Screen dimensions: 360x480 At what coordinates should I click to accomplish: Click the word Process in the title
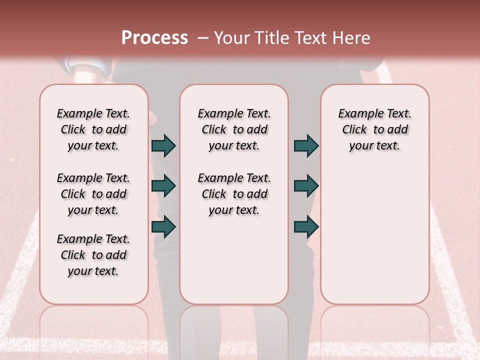click(154, 38)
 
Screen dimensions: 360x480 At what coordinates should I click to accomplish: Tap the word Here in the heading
click(352, 38)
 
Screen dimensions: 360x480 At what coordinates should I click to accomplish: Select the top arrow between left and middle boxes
click(163, 145)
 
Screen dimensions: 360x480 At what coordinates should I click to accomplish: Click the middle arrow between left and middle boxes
click(163, 186)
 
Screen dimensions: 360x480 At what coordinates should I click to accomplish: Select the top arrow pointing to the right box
click(306, 145)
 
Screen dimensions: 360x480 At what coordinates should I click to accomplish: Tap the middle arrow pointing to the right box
click(306, 186)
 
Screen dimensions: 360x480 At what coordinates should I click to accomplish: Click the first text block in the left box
click(93, 129)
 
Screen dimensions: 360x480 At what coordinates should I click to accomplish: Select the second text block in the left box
click(93, 194)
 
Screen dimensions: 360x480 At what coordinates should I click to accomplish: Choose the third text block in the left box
click(93, 255)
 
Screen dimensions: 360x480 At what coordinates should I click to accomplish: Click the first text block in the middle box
click(234, 129)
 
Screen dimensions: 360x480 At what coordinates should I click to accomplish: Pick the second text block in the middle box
click(234, 194)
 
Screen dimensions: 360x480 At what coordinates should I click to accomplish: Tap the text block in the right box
click(374, 129)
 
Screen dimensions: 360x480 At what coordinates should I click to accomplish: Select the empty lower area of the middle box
click(234, 260)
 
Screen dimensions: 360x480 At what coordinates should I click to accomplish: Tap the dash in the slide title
click(203, 38)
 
